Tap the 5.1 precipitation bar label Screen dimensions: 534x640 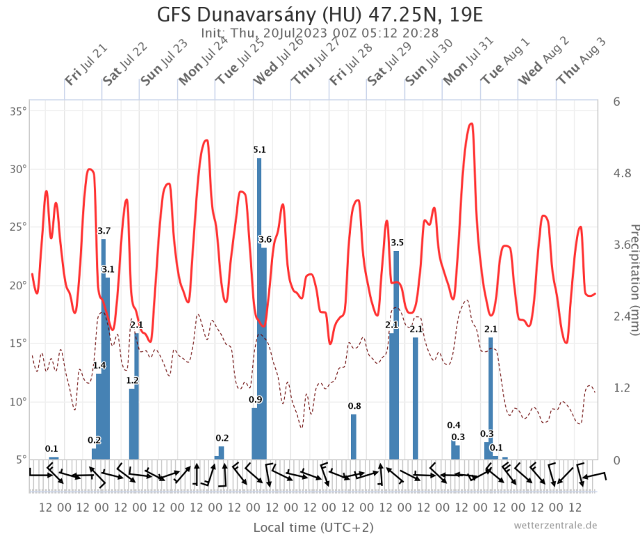point(259,149)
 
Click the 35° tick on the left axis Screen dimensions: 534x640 point(17,111)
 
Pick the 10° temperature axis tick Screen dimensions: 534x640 point(17,402)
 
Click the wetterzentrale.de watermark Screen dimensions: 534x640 point(555,525)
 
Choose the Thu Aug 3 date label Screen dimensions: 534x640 point(581,63)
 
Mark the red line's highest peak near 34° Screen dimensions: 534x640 point(471,124)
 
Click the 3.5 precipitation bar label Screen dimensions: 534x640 point(397,243)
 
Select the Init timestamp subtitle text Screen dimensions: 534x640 point(320,33)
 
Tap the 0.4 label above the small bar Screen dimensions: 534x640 point(454,426)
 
